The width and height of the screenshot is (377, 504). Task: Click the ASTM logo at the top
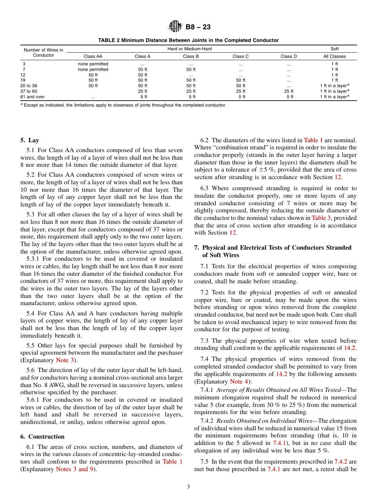[175, 27]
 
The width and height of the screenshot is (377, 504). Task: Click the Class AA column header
[93, 56]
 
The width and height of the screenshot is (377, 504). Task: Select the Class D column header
[289, 56]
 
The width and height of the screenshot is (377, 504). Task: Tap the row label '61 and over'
[33, 97]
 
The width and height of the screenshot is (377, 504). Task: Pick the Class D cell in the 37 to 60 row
[289, 91]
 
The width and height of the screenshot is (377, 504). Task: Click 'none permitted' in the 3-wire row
[93, 64]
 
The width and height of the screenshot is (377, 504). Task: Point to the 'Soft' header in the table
[335, 49]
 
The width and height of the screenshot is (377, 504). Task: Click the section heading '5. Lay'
[30, 140]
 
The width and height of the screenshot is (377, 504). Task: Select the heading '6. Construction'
[42, 437]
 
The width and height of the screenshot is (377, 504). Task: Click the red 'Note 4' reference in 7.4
[239, 382]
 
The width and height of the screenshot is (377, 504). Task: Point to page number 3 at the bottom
[188, 487]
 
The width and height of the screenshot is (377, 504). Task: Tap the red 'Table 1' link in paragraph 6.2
[313, 140]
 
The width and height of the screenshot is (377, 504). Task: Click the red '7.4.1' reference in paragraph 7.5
[274, 469]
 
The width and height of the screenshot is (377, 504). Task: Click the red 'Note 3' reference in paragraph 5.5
[65, 360]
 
